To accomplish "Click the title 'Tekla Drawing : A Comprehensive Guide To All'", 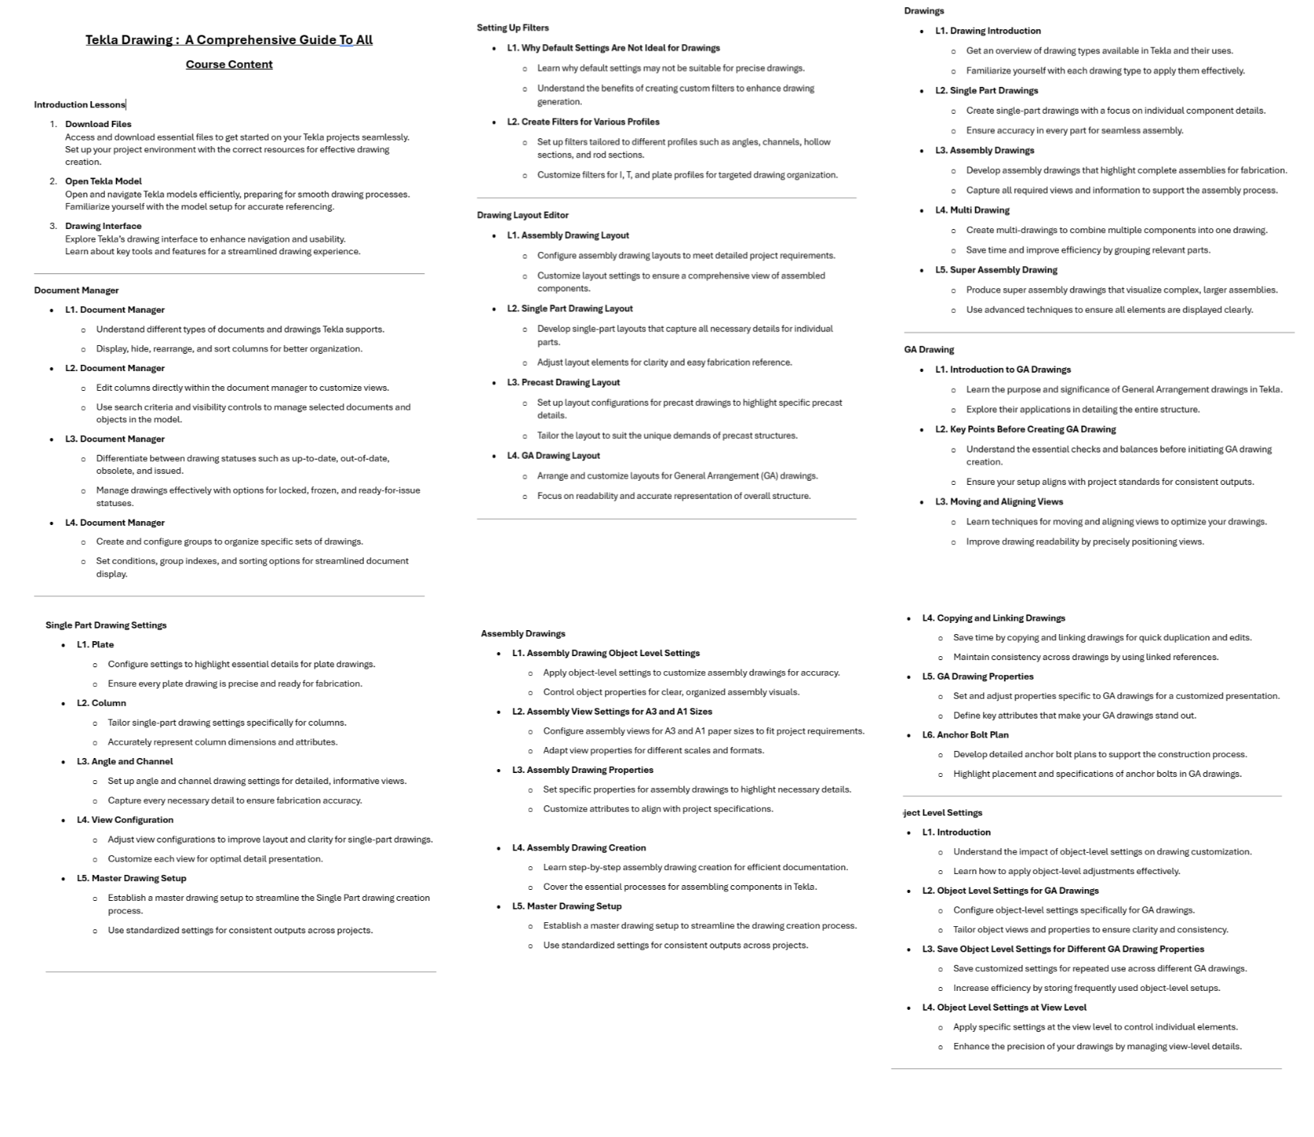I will [x=229, y=40].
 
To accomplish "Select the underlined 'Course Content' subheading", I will [x=229, y=65].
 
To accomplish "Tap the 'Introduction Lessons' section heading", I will [x=79, y=104].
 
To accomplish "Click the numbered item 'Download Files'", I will [x=98, y=124].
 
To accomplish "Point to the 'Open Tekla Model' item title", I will [x=103, y=181].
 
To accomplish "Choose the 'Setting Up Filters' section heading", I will [x=512, y=28].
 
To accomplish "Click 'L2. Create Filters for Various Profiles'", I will [x=583, y=122].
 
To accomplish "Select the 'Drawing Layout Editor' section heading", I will [x=522, y=215].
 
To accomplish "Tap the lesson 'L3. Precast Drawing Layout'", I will [x=563, y=382].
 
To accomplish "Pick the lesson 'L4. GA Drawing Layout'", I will [x=554, y=456].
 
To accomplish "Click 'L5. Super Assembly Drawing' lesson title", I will [x=996, y=270].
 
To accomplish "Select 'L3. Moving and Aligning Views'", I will [x=999, y=501].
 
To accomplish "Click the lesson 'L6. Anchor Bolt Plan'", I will [x=965, y=735].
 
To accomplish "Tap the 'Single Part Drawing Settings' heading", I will [x=106, y=625].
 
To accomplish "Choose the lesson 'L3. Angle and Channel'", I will [x=125, y=762].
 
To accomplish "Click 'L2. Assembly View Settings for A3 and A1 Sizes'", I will [x=612, y=711].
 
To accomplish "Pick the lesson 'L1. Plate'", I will [x=95, y=645].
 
